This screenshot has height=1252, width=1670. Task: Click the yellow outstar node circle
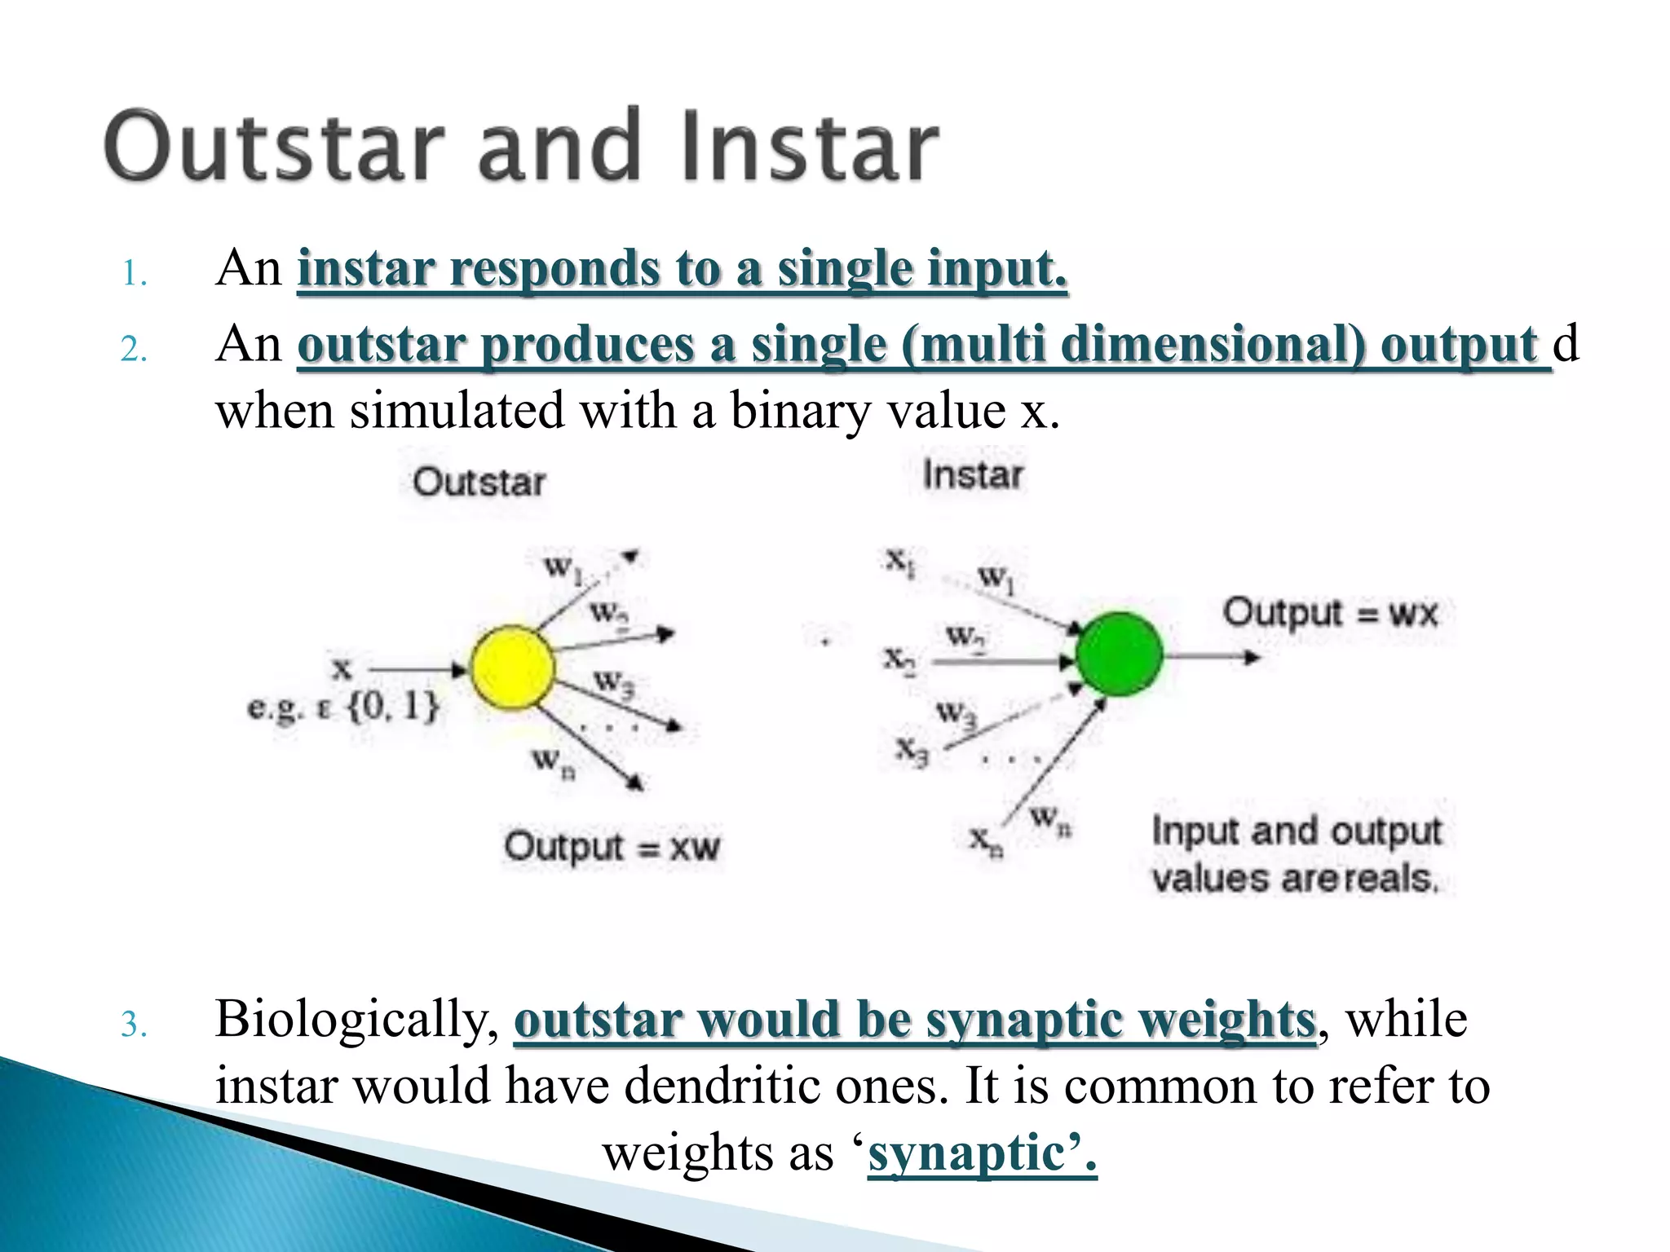click(513, 668)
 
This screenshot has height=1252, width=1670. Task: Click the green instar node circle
click(1119, 655)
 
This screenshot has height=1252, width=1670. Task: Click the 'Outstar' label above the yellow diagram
click(479, 482)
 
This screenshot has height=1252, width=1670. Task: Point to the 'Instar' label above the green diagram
click(972, 474)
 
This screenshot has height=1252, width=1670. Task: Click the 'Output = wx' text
click(1330, 613)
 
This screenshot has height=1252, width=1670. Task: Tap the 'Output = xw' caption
click(612, 847)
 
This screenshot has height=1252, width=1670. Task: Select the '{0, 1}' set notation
click(393, 706)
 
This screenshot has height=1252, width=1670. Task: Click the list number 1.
click(134, 274)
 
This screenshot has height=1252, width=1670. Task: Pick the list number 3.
click(134, 1025)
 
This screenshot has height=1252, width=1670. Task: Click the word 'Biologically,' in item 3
click(357, 1020)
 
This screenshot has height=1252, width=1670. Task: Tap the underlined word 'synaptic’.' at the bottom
click(982, 1153)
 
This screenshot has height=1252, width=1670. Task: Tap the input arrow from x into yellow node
click(416, 669)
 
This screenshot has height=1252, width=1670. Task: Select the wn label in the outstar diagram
click(554, 762)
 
